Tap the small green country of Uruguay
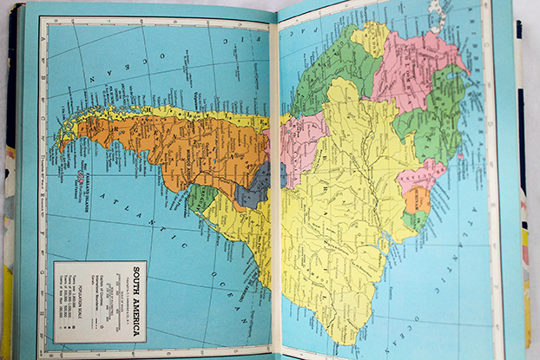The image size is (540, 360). click(x=201, y=199)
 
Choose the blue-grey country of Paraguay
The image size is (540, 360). click(x=254, y=184)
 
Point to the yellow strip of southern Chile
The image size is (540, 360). click(x=156, y=113)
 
